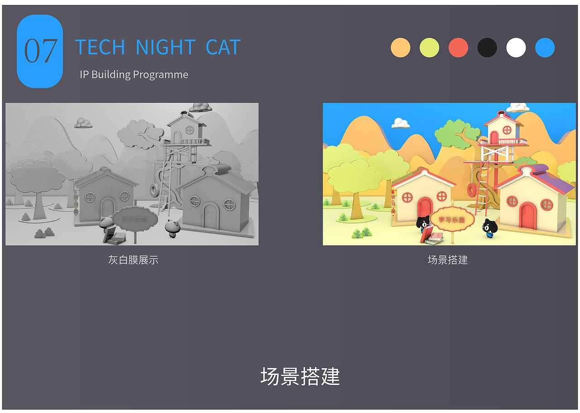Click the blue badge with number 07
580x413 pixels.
click(40, 51)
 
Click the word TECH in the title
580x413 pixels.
click(100, 48)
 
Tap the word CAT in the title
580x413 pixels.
click(222, 48)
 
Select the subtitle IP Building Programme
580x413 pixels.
click(134, 74)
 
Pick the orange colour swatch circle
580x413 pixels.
click(401, 48)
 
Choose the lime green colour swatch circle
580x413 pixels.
click(429, 48)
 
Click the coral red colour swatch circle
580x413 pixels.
click(458, 48)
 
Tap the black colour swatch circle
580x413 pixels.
click(487, 48)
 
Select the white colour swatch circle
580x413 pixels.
click(516, 48)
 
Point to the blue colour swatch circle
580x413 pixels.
click(545, 48)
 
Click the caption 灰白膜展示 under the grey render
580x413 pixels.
click(133, 260)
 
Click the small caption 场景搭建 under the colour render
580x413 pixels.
click(448, 260)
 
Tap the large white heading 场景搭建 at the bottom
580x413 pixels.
click(300, 376)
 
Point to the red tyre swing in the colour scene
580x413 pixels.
click(472, 190)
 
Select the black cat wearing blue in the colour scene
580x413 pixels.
click(489, 228)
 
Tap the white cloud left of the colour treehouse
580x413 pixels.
click(401, 123)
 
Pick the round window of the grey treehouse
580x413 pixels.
click(190, 130)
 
